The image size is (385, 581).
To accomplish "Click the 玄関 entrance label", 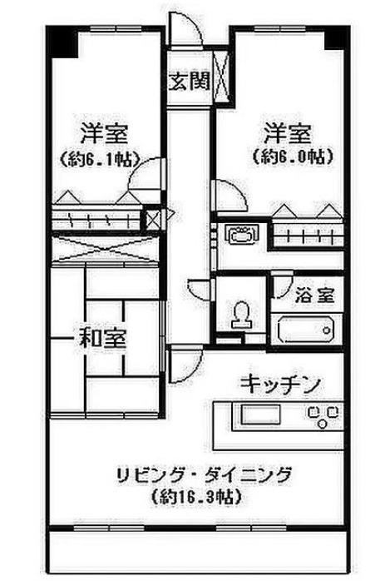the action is tap(189, 81).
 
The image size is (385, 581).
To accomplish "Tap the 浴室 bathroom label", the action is tap(314, 295).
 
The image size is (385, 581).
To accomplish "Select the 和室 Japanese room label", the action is tap(103, 338).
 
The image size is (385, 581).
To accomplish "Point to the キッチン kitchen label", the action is tap(279, 385).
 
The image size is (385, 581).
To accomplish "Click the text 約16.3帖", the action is tap(197, 497).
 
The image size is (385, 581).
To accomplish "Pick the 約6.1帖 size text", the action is tap(100, 160).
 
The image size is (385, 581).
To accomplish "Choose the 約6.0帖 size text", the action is tap(293, 156).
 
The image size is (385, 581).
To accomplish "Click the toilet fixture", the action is tap(241, 315).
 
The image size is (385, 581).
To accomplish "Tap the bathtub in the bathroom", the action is tap(306, 330).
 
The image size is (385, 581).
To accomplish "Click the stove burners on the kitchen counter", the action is tap(323, 416).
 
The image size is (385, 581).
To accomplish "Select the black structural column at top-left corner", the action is tap(62, 42).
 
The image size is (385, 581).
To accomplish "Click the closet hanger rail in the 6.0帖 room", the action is tap(308, 235).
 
